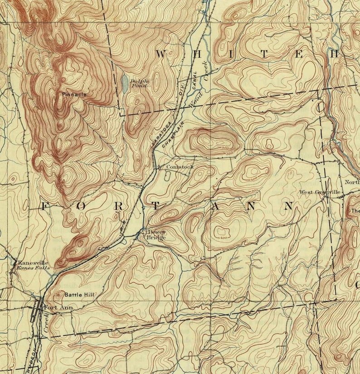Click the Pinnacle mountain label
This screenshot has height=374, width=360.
coord(75,95)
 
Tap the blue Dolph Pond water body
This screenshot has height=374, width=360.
coord(124,83)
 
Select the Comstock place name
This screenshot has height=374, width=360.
coord(180,167)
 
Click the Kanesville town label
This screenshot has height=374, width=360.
coord(32,262)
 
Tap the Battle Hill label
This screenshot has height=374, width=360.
coord(79,295)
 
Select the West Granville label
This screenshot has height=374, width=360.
coord(319,192)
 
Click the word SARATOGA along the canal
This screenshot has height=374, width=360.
coord(161,133)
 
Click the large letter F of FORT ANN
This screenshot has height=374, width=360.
coord(44,207)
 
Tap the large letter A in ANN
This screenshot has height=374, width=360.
coord(215,207)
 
